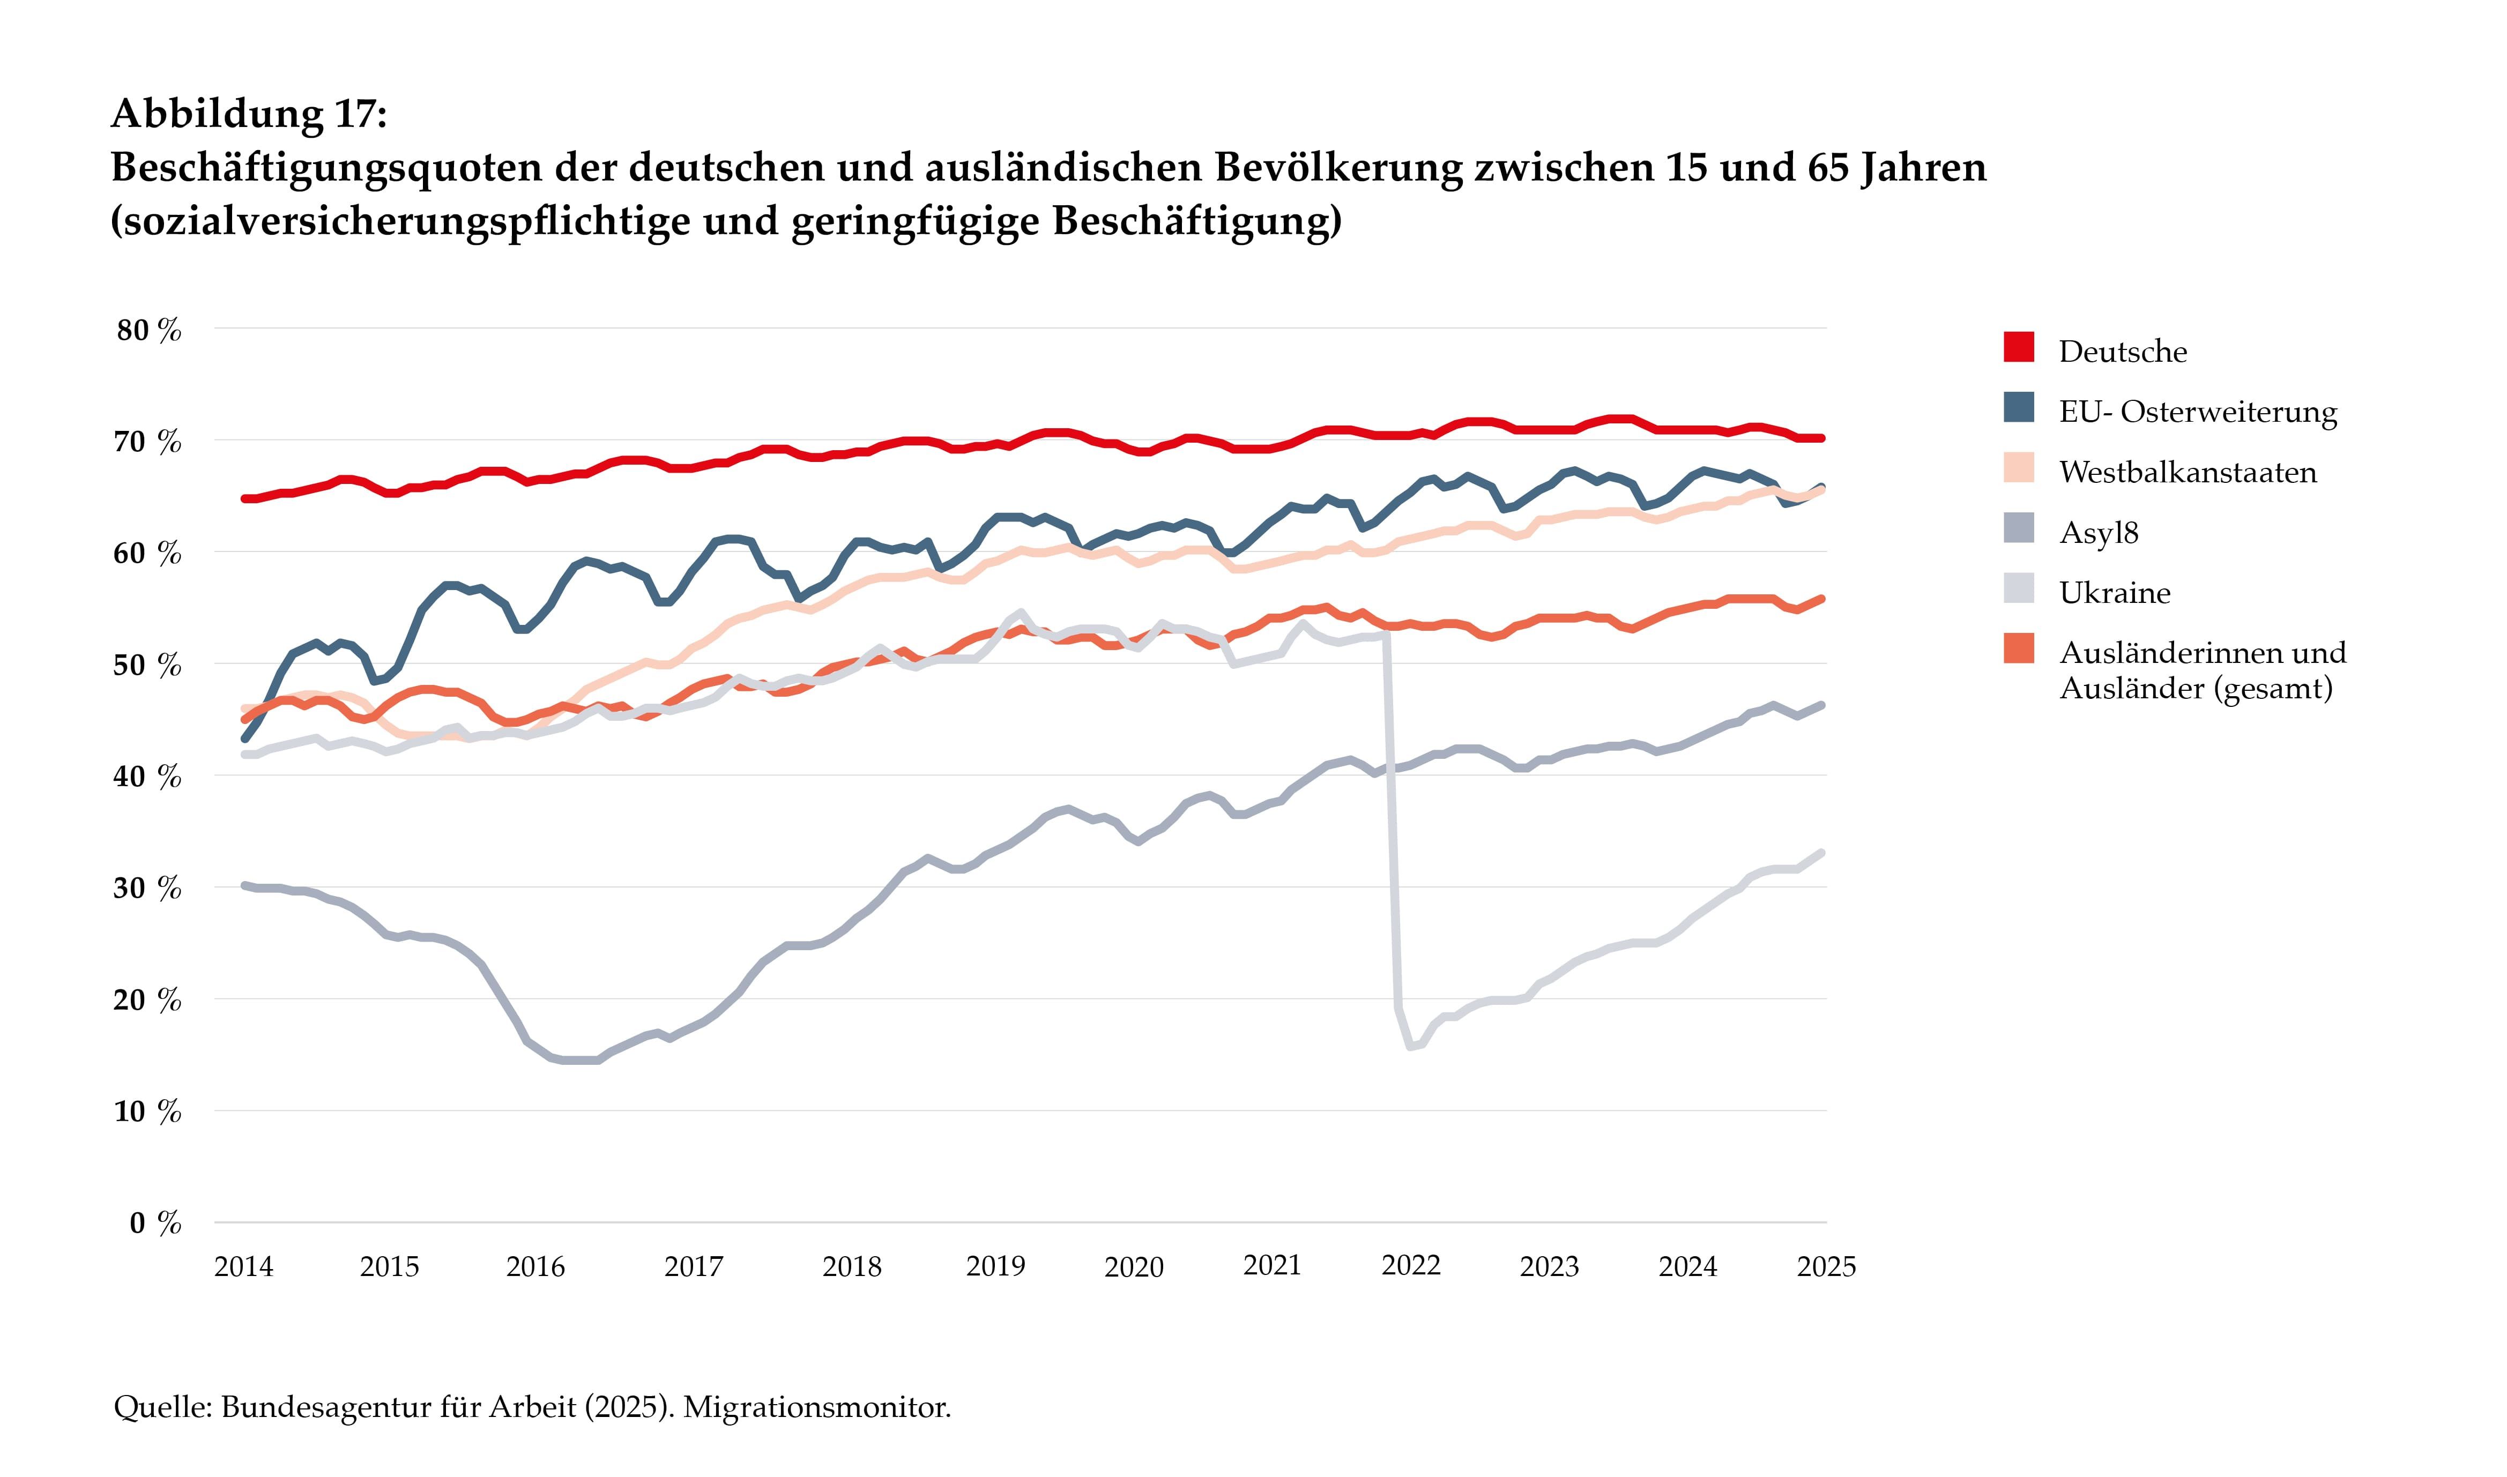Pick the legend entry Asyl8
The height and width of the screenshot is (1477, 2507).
(2098, 533)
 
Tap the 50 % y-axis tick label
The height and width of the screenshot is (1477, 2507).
(150, 665)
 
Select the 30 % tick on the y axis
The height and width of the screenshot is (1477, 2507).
(150, 888)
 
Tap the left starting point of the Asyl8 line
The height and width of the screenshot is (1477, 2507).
(245, 885)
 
